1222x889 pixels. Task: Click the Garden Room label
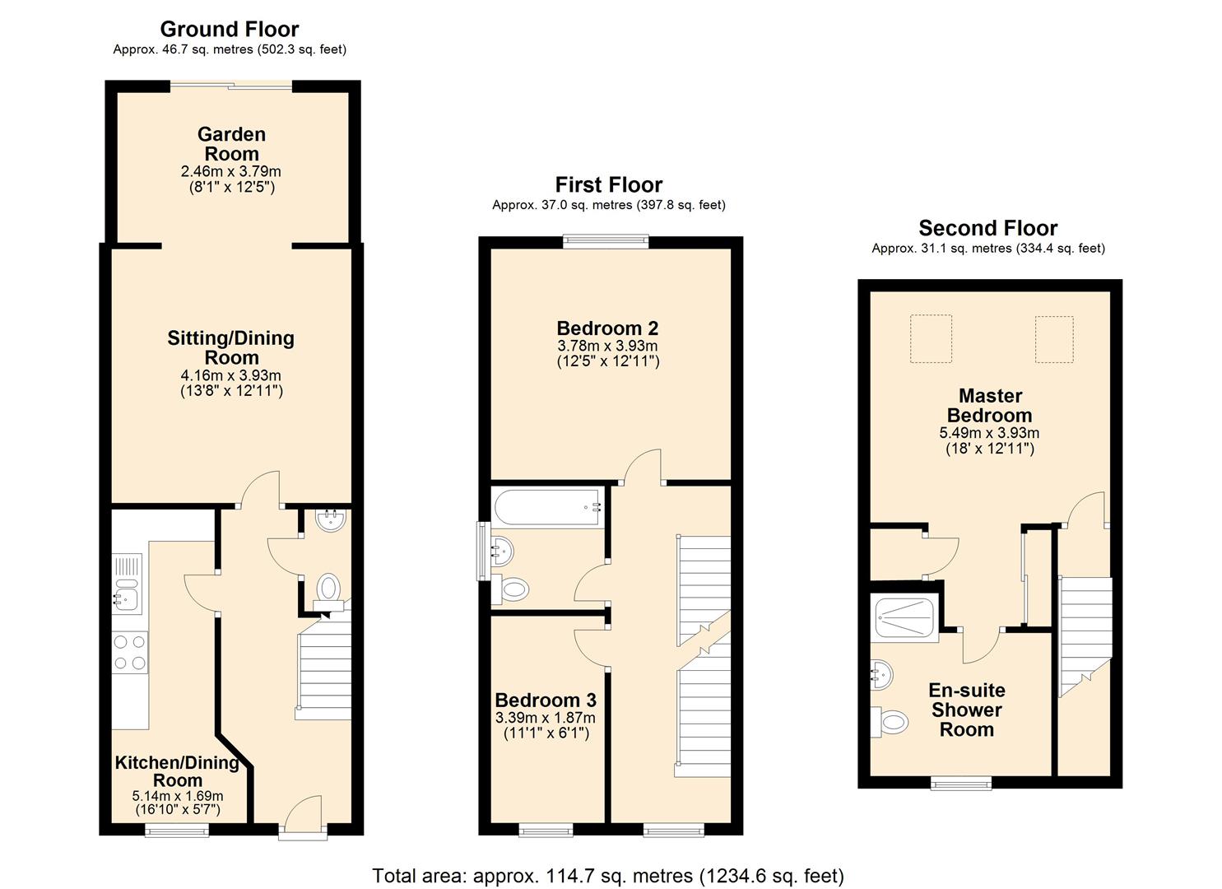(x=231, y=143)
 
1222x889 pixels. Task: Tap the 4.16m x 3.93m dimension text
(x=230, y=375)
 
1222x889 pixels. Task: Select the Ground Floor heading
(x=229, y=29)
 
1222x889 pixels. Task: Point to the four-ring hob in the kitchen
(x=130, y=652)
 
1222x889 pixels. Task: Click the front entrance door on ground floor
(x=304, y=814)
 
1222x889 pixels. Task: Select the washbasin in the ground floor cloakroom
(x=330, y=520)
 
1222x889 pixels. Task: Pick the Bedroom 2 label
(x=607, y=328)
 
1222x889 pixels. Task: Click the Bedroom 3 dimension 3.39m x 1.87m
(x=545, y=718)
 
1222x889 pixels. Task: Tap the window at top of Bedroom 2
(x=606, y=241)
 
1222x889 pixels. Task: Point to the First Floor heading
(x=609, y=185)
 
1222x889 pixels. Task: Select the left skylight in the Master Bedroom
(x=932, y=338)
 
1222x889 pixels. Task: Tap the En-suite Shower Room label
(x=967, y=710)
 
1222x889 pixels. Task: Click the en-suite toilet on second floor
(x=890, y=722)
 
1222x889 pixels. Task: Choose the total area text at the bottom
(x=608, y=876)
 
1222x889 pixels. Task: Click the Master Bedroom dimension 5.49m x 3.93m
(x=989, y=433)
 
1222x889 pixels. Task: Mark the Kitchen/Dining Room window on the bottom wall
(x=177, y=830)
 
